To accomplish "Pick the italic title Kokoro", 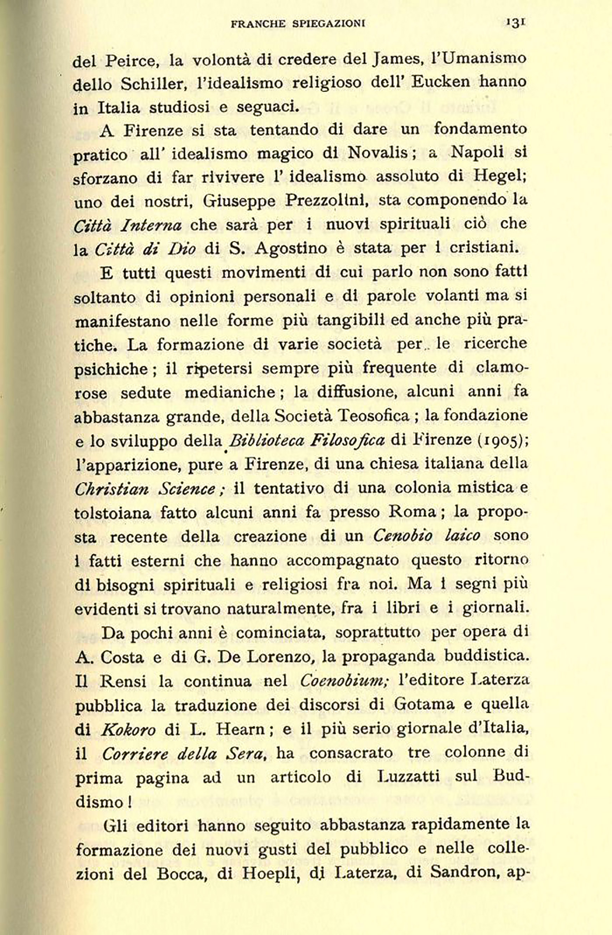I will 128,729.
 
